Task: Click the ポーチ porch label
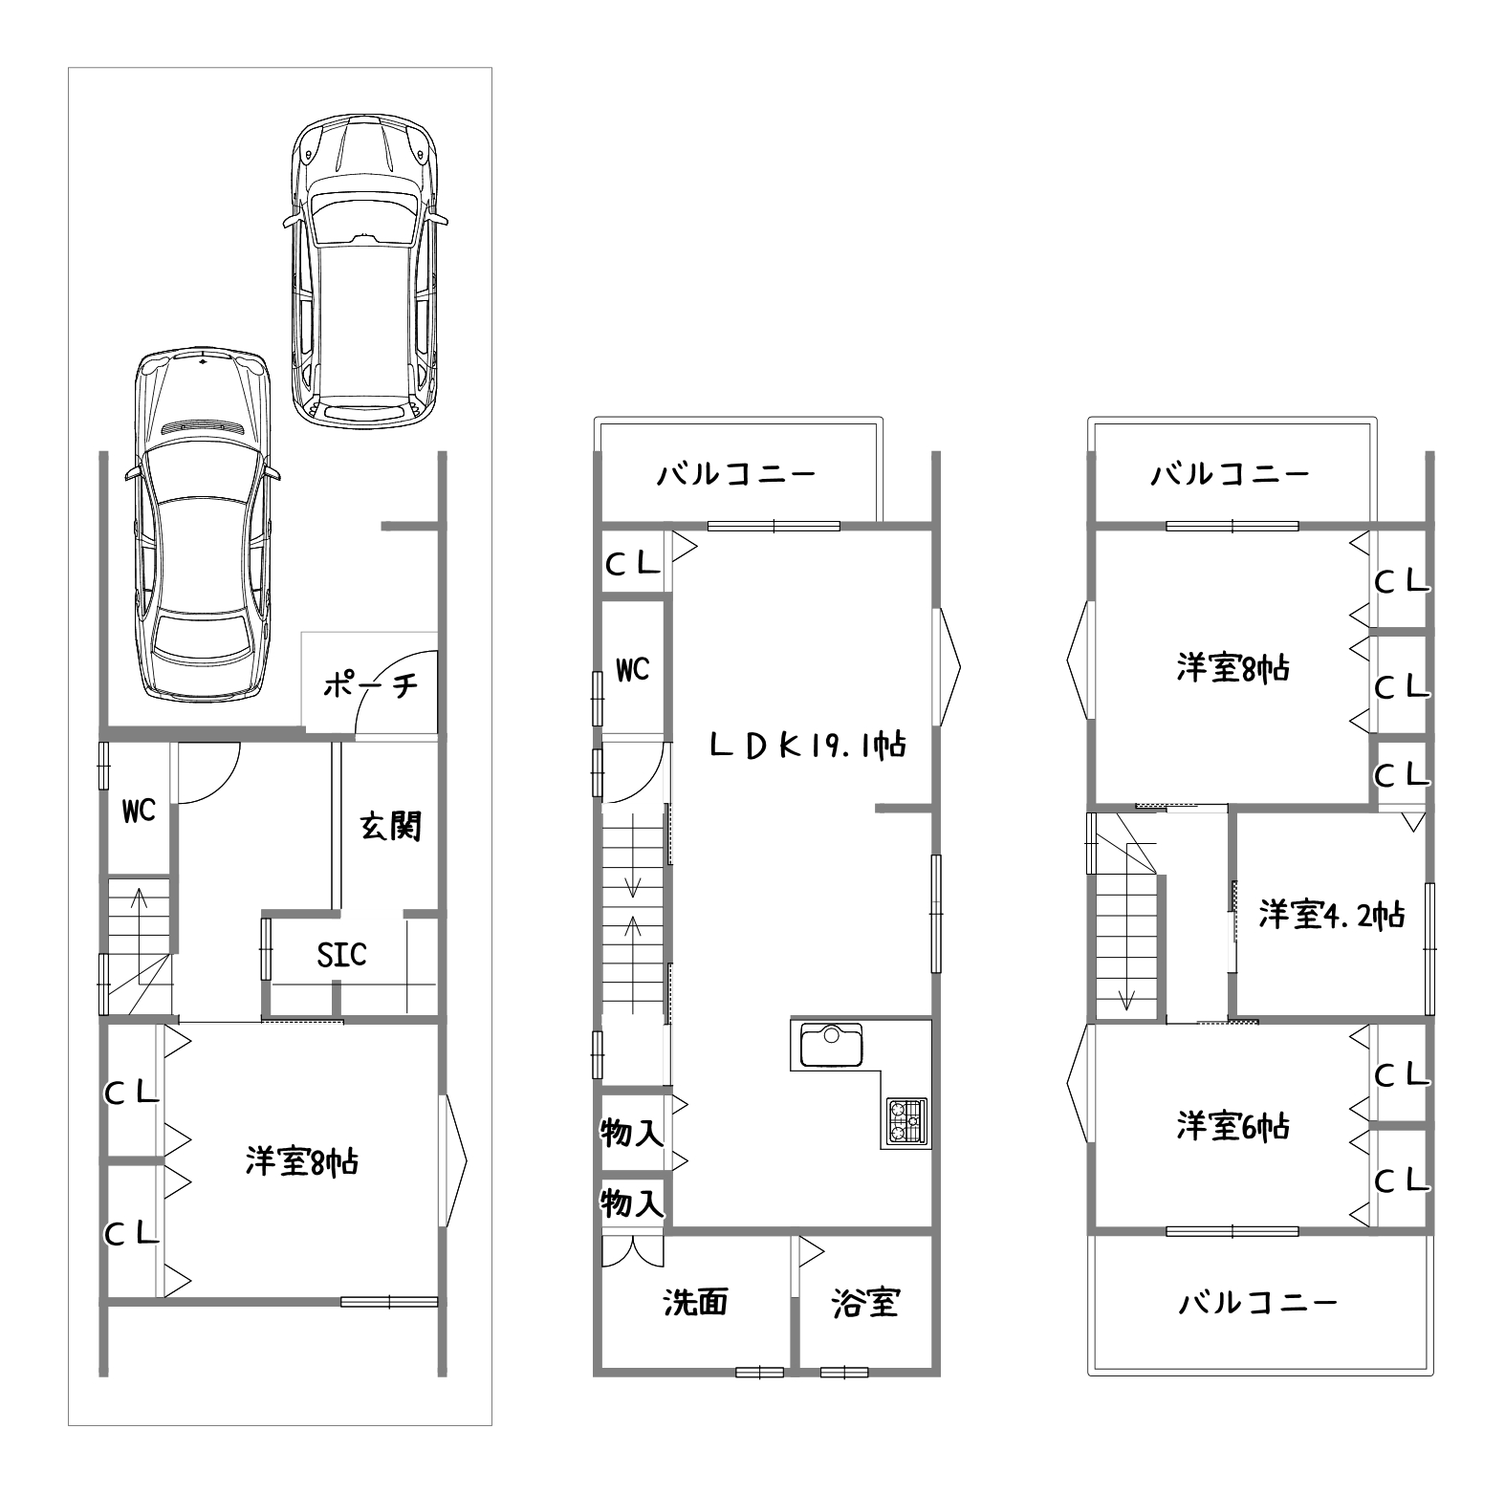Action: pyautogui.click(x=370, y=685)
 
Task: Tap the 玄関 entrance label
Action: pyautogui.click(x=391, y=825)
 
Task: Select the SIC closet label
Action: pyautogui.click(x=341, y=954)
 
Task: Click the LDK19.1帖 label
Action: pyautogui.click(x=807, y=745)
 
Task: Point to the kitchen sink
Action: pyautogui.click(x=826, y=1046)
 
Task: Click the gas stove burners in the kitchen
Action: pyautogui.click(x=906, y=1120)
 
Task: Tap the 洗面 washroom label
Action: pyautogui.click(x=696, y=1301)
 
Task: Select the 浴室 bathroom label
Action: pyautogui.click(x=865, y=1301)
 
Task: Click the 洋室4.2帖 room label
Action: pyautogui.click(x=1331, y=915)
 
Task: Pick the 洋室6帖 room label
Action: pyautogui.click(x=1233, y=1126)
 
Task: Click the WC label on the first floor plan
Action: pyautogui.click(x=139, y=812)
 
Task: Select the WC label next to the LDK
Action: pyautogui.click(x=632, y=670)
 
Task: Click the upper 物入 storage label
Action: pyautogui.click(x=631, y=1133)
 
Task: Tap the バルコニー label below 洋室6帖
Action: pyautogui.click(x=1256, y=1301)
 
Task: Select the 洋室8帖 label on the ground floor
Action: pyautogui.click(x=302, y=1161)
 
